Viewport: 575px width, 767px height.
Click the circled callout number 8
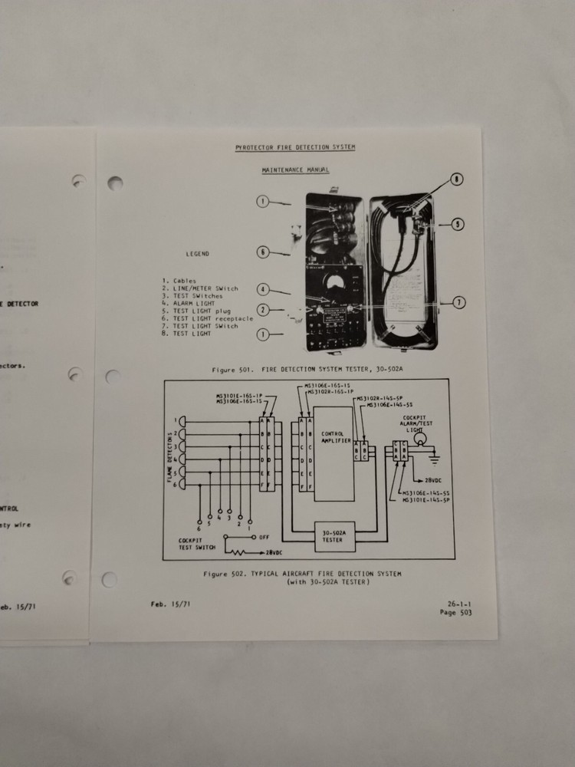pos(457,179)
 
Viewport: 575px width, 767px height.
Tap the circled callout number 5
pos(458,225)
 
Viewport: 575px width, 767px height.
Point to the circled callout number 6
pos(262,251)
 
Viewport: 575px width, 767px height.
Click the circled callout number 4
pos(262,290)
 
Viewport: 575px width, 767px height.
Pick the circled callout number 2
pos(262,310)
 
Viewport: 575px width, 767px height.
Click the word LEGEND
pos(197,254)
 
